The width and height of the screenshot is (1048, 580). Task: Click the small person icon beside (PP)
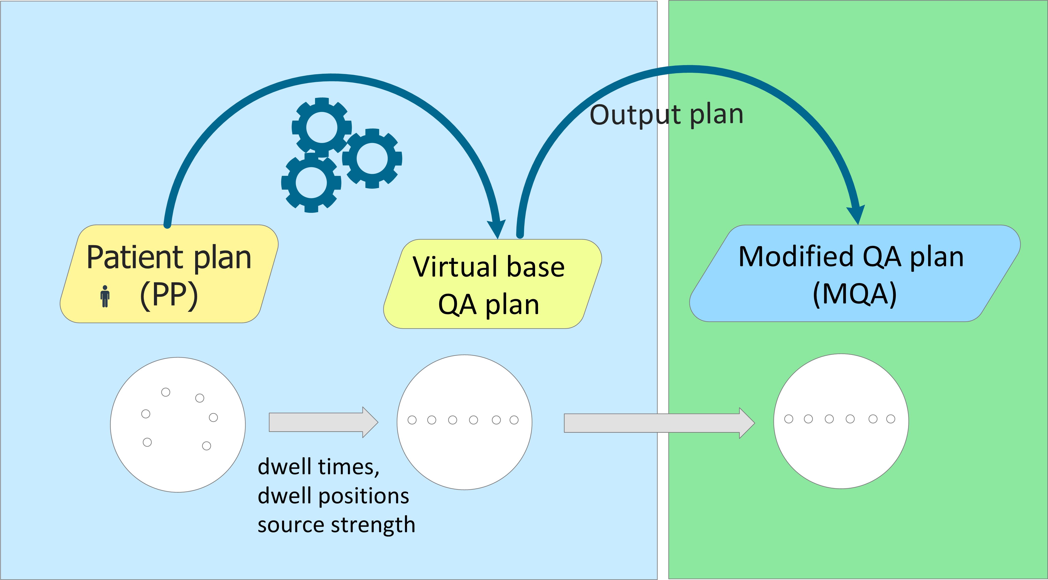pyautogui.click(x=105, y=296)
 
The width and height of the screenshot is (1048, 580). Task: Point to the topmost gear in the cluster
pyautogui.click(x=322, y=127)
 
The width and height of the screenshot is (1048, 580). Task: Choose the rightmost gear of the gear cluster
pyautogui.click(x=372, y=158)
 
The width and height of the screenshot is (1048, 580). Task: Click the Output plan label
pyautogui.click(x=666, y=115)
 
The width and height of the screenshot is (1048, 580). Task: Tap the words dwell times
pyautogui.click(x=318, y=467)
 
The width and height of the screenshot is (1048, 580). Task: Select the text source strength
pyautogui.click(x=337, y=525)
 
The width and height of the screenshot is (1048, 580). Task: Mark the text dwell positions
pyautogui.click(x=333, y=496)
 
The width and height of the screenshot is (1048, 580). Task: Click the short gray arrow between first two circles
pyautogui.click(x=323, y=422)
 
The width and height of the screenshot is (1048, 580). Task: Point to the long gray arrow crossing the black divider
pyautogui.click(x=659, y=423)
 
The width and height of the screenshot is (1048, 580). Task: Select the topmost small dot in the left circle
pyautogui.click(x=166, y=392)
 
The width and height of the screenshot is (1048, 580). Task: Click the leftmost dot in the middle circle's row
pyautogui.click(x=412, y=420)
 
